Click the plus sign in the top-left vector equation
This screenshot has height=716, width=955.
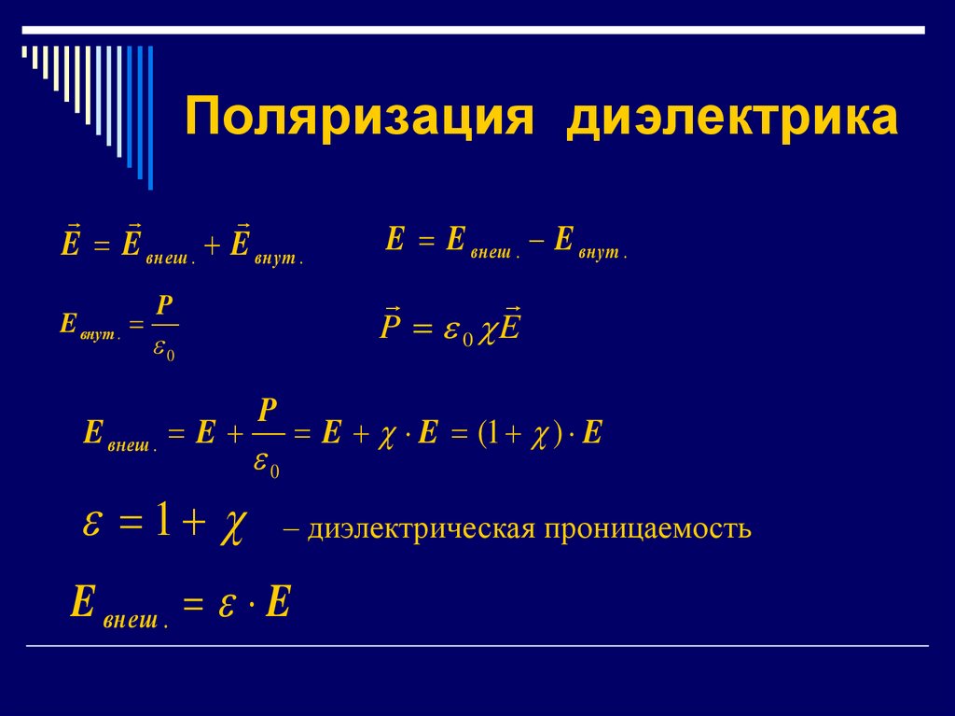pyautogui.click(x=212, y=246)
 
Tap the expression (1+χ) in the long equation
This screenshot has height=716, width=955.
pyautogui.click(x=517, y=434)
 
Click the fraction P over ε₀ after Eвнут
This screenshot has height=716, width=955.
pyautogui.click(x=164, y=327)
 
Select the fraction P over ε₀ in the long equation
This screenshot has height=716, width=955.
pyautogui.click(x=268, y=437)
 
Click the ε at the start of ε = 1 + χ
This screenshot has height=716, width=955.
pyautogui.click(x=91, y=525)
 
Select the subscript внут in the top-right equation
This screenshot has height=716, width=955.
pyautogui.click(x=602, y=253)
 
